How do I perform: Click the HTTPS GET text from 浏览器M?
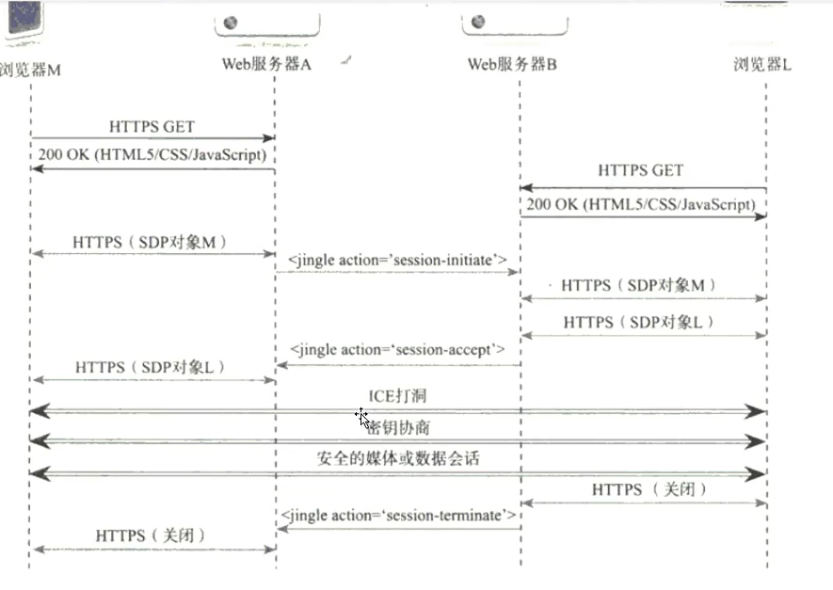pyautogui.click(x=152, y=126)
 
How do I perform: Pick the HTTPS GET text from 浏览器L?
pyautogui.click(x=640, y=171)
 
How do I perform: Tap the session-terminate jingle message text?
pyautogui.click(x=399, y=515)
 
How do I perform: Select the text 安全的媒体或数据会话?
pyautogui.click(x=398, y=459)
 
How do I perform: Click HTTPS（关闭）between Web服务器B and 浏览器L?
pyautogui.click(x=649, y=490)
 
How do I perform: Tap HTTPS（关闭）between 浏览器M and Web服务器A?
pyautogui.click(x=151, y=535)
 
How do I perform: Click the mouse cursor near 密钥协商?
pyautogui.click(x=362, y=417)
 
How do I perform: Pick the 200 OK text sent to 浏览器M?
pyautogui.click(x=152, y=153)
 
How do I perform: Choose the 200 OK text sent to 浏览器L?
pyautogui.click(x=640, y=203)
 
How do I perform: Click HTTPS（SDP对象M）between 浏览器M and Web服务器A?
pyautogui.click(x=151, y=242)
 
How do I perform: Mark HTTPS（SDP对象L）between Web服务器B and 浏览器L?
pyautogui.click(x=639, y=322)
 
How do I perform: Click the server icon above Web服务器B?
pyautogui.click(x=478, y=22)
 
